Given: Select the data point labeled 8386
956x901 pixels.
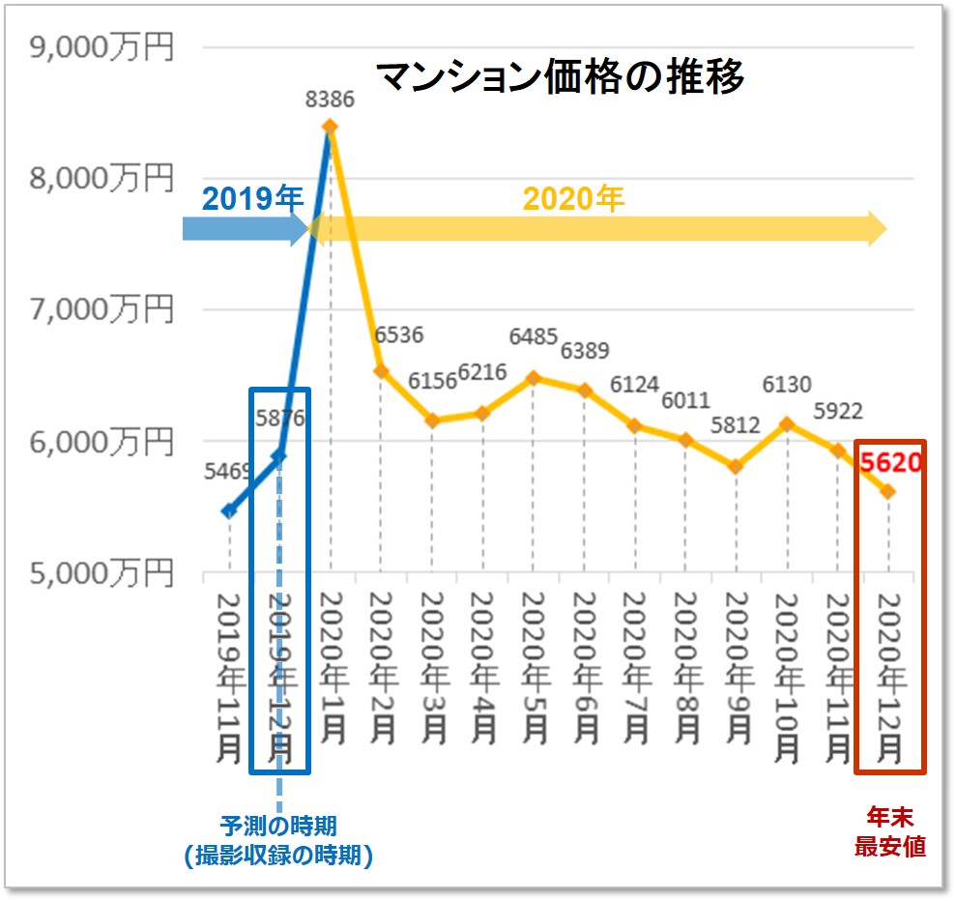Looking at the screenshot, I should pyautogui.click(x=330, y=127).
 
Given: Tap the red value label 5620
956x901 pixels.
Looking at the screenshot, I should pyautogui.click(x=890, y=463).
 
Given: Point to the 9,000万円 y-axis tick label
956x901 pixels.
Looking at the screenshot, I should pyautogui.click(x=102, y=47).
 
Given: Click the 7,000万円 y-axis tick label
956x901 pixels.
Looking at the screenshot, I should pyautogui.click(x=102, y=309).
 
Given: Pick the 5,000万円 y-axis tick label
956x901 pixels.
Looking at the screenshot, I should pyautogui.click(x=102, y=573).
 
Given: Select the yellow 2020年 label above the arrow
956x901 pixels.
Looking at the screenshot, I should pyautogui.click(x=574, y=198).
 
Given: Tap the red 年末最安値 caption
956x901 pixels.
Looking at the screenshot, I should pyautogui.click(x=889, y=832).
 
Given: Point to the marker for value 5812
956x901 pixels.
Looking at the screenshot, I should pyautogui.click(x=736, y=466).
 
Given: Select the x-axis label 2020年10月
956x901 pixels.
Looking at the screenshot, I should pyautogui.click(x=785, y=677).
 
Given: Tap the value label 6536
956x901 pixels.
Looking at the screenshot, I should pyautogui.click(x=398, y=334).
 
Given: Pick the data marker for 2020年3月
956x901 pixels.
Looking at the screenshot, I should pyautogui.click(x=431, y=421).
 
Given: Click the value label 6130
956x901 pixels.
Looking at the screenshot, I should pyautogui.click(x=786, y=385).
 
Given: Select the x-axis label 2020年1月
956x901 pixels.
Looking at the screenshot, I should pyautogui.click(x=330, y=667).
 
